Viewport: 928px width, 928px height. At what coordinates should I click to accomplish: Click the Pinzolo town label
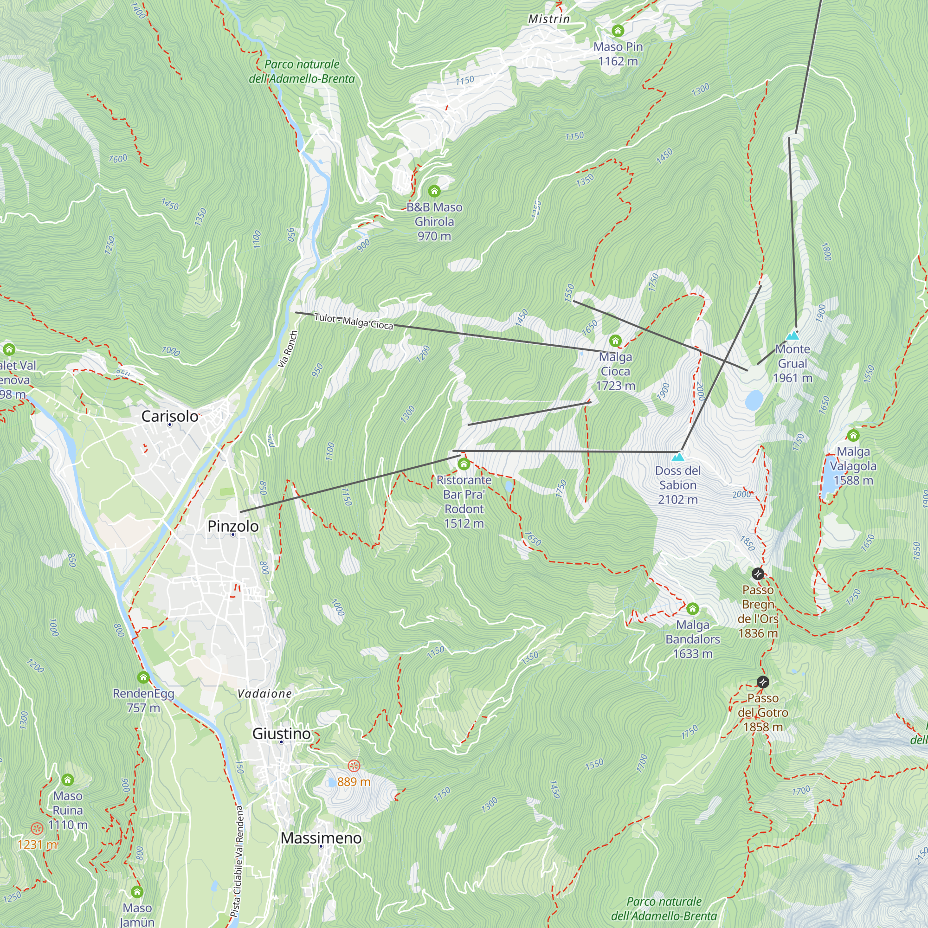pyautogui.click(x=233, y=527)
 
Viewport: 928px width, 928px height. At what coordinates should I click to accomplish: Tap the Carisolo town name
pyautogui.click(x=169, y=417)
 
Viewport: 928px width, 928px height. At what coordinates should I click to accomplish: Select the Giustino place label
pyautogui.click(x=282, y=734)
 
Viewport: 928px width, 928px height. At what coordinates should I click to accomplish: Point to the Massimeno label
pyautogui.click(x=321, y=838)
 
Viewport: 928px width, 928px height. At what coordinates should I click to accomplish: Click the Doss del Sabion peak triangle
pyautogui.click(x=678, y=456)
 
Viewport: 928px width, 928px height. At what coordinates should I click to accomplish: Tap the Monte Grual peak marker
pyautogui.click(x=792, y=335)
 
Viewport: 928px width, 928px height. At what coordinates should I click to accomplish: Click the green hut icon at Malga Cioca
pyautogui.click(x=615, y=341)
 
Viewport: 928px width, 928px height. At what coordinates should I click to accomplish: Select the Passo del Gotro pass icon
pyautogui.click(x=763, y=682)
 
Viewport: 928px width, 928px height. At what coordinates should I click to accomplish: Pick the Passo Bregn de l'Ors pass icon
pyautogui.click(x=758, y=574)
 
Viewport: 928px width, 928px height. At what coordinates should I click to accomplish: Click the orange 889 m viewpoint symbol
pyautogui.click(x=354, y=766)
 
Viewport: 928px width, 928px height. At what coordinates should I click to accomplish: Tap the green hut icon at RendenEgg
pyautogui.click(x=143, y=677)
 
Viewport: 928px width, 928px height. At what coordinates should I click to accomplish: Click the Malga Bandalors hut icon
pyautogui.click(x=692, y=609)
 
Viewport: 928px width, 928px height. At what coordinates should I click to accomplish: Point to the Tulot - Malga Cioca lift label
pyautogui.click(x=354, y=322)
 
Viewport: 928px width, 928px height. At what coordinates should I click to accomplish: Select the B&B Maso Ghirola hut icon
pyautogui.click(x=434, y=191)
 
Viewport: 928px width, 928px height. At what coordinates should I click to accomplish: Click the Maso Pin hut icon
pyautogui.click(x=618, y=31)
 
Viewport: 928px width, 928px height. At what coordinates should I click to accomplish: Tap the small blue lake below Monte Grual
pyautogui.click(x=754, y=400)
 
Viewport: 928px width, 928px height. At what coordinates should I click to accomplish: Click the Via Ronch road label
pyautogui.click(x=288, y=349)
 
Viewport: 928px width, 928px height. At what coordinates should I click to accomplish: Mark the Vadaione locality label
pyautogui.click(x=264, y=694)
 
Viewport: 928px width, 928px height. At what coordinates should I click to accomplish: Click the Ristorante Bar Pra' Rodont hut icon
pyautogui.click(x=464, y=464)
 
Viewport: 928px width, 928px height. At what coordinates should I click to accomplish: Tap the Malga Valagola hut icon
pyautogui.click(x=853, y=436)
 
